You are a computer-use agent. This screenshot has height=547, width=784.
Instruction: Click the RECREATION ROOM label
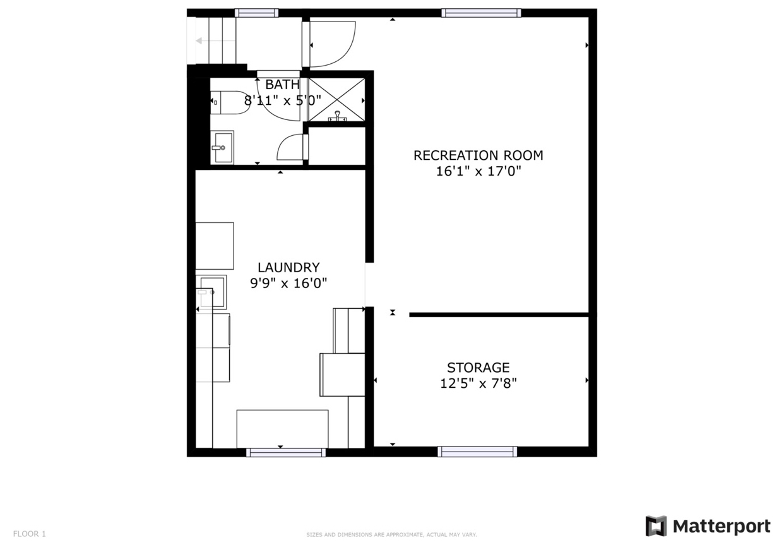click(478, 155)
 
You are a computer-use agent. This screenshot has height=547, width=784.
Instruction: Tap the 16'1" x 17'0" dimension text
click(478, 171)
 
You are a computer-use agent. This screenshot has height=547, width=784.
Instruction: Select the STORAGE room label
click(478, 368)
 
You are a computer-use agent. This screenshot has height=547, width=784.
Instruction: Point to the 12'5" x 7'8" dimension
click(478, 383)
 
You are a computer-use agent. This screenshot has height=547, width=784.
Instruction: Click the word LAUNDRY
click(288, 268)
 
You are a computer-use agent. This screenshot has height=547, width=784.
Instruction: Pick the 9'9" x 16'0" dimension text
click(288, 284)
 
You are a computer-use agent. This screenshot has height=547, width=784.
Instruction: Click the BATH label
click(282, 85)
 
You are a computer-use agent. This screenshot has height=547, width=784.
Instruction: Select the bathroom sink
click(221, 147)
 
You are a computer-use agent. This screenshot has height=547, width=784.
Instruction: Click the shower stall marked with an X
click(336, 99)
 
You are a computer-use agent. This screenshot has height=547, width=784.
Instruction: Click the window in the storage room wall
click(477, 452)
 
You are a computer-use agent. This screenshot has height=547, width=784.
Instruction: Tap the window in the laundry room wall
click(286, 452)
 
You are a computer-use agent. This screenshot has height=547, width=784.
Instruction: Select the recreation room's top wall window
click(481, 13)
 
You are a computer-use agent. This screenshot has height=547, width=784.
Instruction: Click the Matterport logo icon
click(656, 526)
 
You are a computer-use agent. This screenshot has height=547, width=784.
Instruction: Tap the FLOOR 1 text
click(30, 534)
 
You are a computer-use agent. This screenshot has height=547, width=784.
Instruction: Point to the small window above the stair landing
click(256, 13)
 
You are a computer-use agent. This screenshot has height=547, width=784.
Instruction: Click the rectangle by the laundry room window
click(282, 428)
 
